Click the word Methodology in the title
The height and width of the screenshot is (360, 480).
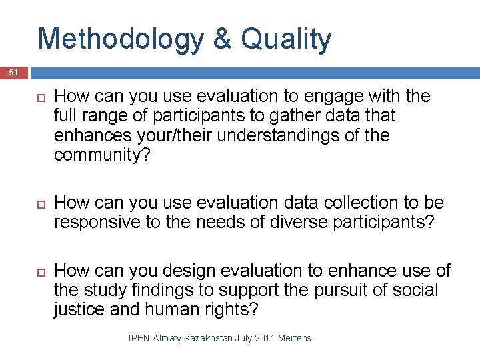click(x=121, y=39)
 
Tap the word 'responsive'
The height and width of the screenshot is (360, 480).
click(x=97, y=221)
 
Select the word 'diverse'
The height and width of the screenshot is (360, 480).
click(x=279, y=221)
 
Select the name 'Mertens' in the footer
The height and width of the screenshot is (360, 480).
click(x=294, y=338)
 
